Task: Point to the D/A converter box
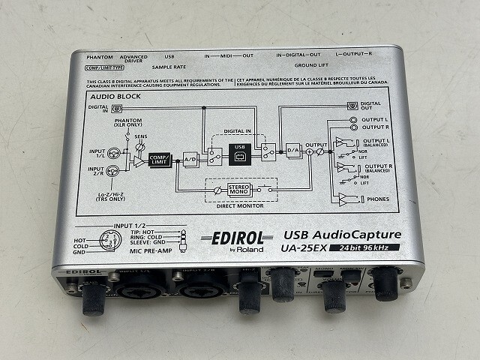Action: (x=293, y=151)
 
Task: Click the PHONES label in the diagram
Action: (x=375, y=199)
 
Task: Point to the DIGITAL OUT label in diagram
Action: (x=370, y=106)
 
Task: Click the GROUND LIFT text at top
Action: (x=311, y=65)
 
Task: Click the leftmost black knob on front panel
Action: (x=93, y=298)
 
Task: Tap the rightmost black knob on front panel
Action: (x=387, y=283)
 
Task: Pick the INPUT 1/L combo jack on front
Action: (x=133, y=287)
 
